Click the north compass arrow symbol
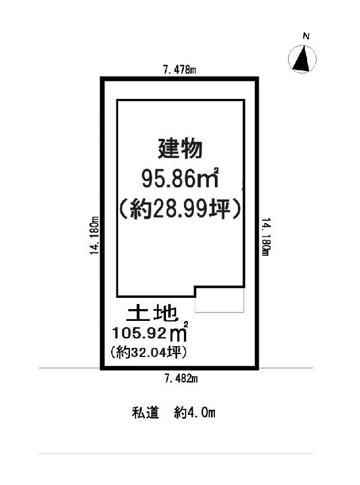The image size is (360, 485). (302, 59)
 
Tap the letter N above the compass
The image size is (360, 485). (306, 36)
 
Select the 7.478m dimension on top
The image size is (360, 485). (179, 70)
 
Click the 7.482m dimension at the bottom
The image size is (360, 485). (181, 378)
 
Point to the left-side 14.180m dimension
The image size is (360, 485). (94, 235)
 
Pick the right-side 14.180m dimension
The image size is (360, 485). (266, 237)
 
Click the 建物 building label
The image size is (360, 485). (180, 149)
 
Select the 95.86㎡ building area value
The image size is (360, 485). (180, 179)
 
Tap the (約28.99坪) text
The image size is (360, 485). (180, 209)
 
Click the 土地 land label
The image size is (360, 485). (152, 314)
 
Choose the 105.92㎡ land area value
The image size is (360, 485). (150, 332)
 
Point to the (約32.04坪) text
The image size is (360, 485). (148, 352)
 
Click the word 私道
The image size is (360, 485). (146, 413)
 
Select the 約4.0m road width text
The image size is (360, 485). (195, 413)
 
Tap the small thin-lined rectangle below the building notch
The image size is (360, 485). (219, 300)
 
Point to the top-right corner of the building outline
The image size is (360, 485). (244, 100)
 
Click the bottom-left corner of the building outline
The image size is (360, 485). (118, 297)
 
